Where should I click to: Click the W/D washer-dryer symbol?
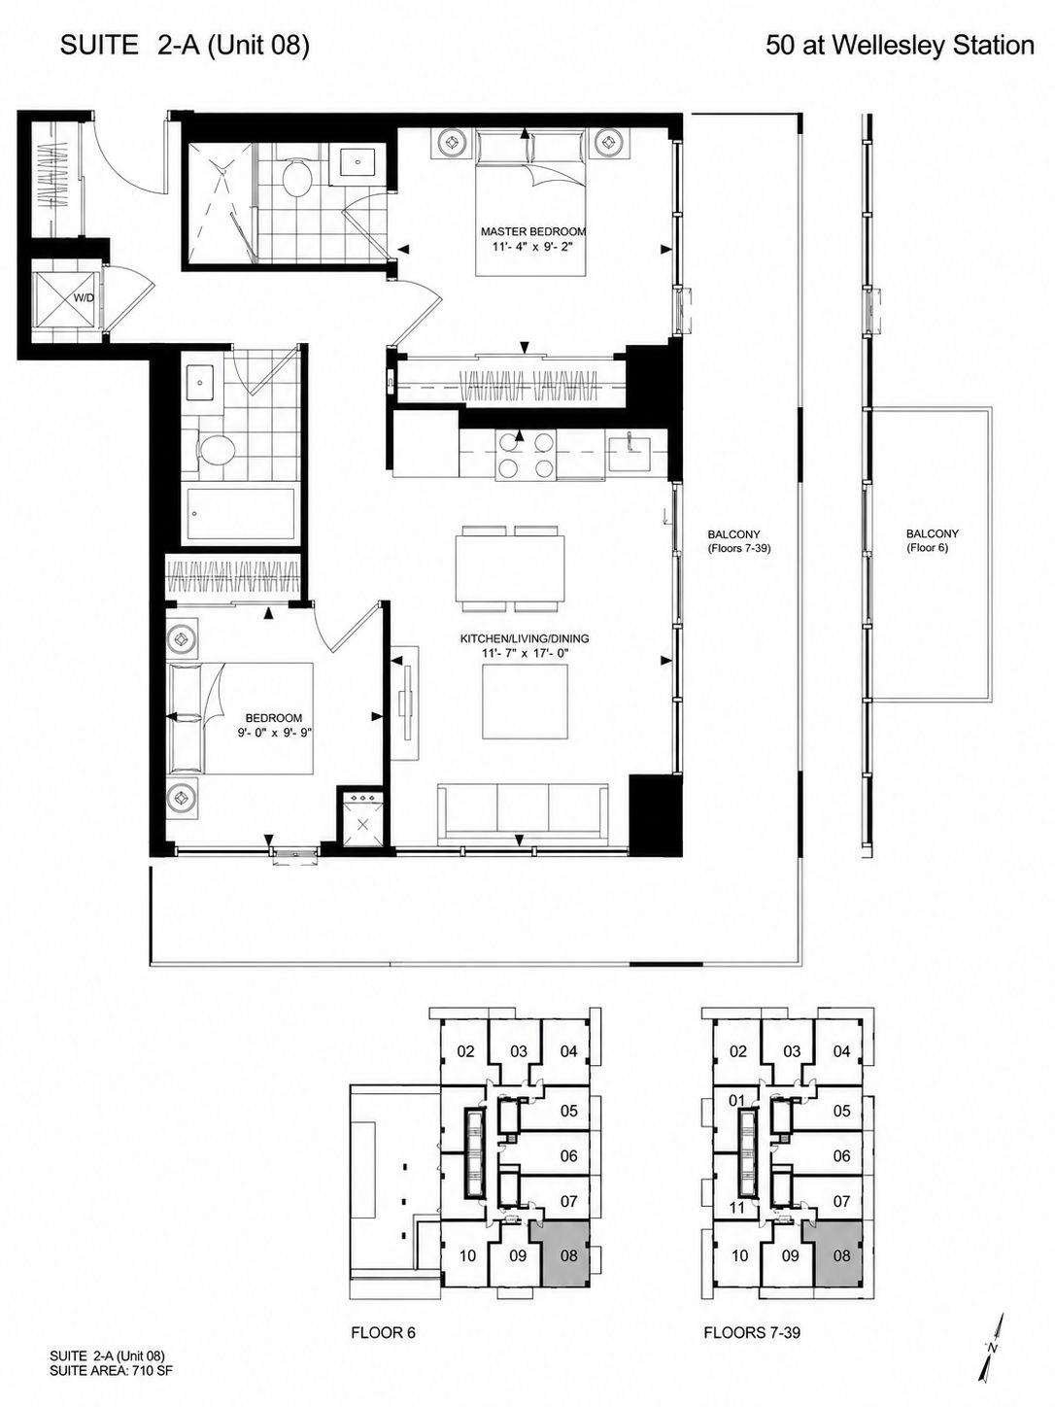(x=66, y=300)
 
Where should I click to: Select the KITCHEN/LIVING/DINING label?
(x=524, y=638)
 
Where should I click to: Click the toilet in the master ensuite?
(x=296, y=175)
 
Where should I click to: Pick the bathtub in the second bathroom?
(x=241, y=514)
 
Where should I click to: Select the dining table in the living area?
(x=510, y=567)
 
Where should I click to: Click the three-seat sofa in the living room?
(x=523, y=811)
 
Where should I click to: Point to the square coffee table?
(x=525, y=702)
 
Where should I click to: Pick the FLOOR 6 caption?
(x=383, y=1315)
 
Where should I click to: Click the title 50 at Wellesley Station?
(x=900, y=46)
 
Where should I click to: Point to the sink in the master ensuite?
(x=357, y=162)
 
